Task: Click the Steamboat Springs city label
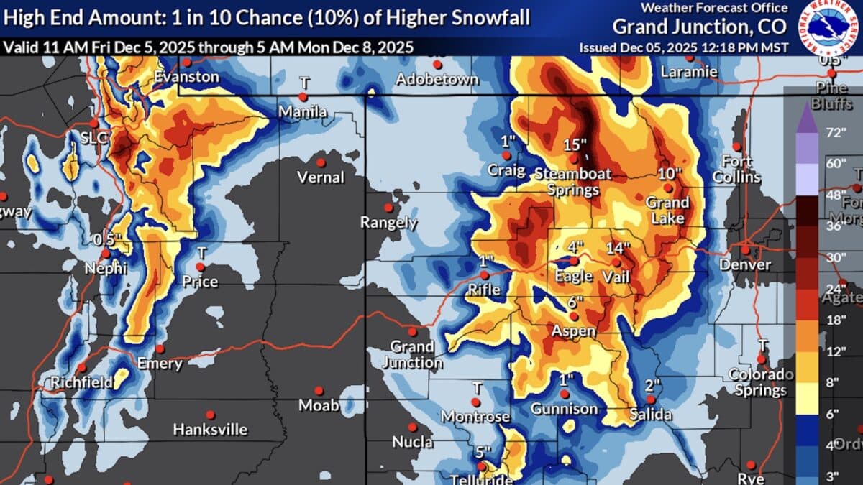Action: [x=572, y=181]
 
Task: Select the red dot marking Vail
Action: [x=616, y=262]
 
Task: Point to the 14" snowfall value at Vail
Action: [x=618, y=248]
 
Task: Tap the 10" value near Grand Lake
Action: [x=670, y=174]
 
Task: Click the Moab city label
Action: [x=318, y=405]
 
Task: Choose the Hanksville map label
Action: [x=210, y=430]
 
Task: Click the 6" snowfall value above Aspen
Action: [x=575, y=302]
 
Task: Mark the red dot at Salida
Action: [x=650, y=399]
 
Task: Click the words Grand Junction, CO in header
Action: [x=700, y=27]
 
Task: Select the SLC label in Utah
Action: [x=94, y=137]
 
